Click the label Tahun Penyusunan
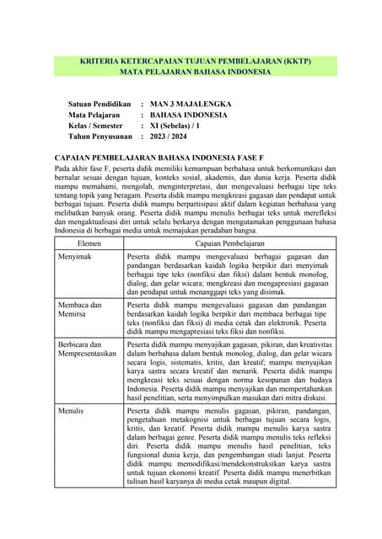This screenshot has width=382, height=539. tap(101, 136)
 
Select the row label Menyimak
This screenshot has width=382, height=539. tap(76, 232)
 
